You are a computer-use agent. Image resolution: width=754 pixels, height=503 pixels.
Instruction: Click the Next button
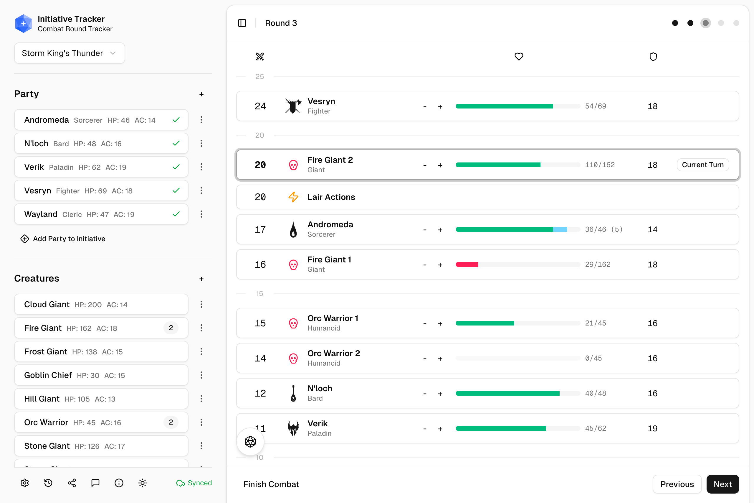click(722, 484)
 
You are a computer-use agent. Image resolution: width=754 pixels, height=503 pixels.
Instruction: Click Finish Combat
click(271, 484)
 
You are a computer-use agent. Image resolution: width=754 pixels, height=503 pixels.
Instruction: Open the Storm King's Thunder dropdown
click(69, 53)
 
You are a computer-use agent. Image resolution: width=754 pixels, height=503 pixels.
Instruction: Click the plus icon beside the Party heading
click(201, 94)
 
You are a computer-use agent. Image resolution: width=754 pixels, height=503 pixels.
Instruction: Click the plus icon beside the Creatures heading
click(201, 279)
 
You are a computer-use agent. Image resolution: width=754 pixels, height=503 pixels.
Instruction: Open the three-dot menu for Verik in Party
click(201, 167)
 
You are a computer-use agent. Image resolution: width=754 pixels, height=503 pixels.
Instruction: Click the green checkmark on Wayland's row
click(176, 214)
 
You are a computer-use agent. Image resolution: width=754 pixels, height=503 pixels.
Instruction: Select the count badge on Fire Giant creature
click(171, 328)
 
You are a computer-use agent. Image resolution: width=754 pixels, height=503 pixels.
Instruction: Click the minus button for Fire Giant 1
click(425, 265)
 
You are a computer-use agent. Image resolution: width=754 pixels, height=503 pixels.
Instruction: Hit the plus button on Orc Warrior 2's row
click(440, 358)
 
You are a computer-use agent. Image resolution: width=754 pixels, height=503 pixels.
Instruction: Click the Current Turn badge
click(702, 165)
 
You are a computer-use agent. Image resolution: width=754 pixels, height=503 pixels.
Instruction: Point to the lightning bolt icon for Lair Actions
click(293, 197)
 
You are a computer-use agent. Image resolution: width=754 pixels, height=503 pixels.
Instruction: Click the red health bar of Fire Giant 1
click(467, 265)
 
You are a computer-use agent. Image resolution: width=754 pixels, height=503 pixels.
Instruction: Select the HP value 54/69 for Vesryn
click(595, 106)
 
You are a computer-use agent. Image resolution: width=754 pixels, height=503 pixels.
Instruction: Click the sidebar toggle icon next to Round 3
click(242, 23)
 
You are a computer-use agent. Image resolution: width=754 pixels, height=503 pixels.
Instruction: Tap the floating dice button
click(250, 442)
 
